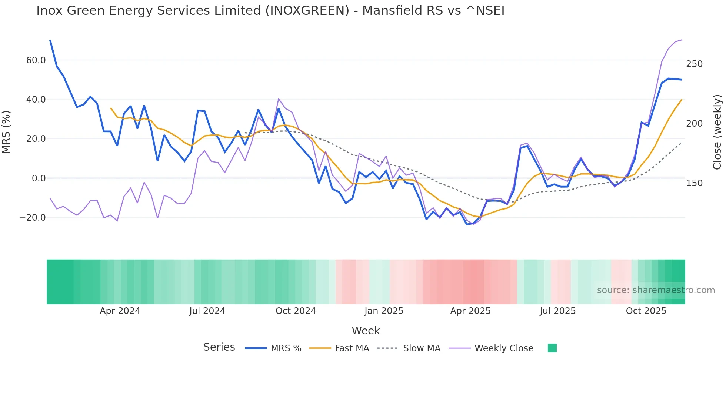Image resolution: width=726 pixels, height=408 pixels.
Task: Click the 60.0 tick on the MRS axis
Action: pyautogui.click(x=36, y=60)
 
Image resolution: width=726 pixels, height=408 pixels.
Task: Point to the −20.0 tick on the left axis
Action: pyautogui.click(x=33, y=218)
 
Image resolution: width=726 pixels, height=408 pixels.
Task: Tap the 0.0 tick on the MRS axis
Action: pyautogui.click(x=39, y=178)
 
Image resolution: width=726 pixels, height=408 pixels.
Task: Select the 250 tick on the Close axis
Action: pyautogui.click(x=694, y=64)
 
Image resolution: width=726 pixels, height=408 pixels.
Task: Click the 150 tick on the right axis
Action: pyautogui.click(x=694, y=183)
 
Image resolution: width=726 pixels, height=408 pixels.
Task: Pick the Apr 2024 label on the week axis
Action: pyautogui.click(x=120, y=311)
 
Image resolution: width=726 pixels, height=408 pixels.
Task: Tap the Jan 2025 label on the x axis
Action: pyautogui.click(x=384, y=311)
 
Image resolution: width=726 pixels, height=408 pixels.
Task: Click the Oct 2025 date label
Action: pyautogui.click(x=646, y=311)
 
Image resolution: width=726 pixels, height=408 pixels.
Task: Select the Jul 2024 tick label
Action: pyautogui.click(x=207, y=311)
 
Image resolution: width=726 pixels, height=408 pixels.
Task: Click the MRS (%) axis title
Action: pyautogui.click(x=6, y=132)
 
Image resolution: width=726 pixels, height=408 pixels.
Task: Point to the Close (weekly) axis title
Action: pyautogui.click(x=717, y=132)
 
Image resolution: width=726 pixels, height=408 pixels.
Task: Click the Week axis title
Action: pyautogui.click(x=366, y=331)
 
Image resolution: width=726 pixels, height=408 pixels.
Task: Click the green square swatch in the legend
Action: pyautogui.click(x=552, y=348)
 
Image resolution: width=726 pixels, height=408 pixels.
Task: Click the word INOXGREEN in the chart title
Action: pyautogui.click(x=307, y=11)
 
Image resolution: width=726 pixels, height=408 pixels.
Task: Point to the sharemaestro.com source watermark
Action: pyautogui.click(x=656, y=290)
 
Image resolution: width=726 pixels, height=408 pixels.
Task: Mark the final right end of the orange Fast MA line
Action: pyautogui.click(x=682, y=100)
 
